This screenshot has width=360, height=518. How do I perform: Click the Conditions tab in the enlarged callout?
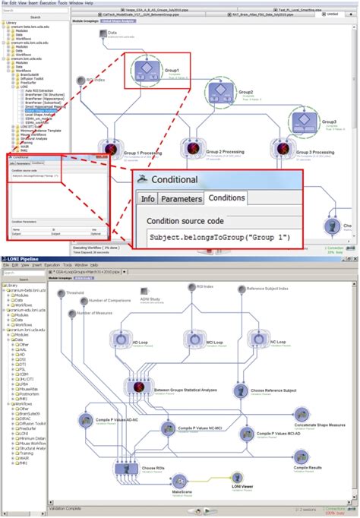226,198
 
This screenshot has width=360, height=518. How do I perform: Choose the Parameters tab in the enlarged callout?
181,198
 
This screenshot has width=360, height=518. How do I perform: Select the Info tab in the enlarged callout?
147,198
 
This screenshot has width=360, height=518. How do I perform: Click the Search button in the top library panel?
35,16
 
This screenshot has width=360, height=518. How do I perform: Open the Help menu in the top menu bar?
89,3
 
